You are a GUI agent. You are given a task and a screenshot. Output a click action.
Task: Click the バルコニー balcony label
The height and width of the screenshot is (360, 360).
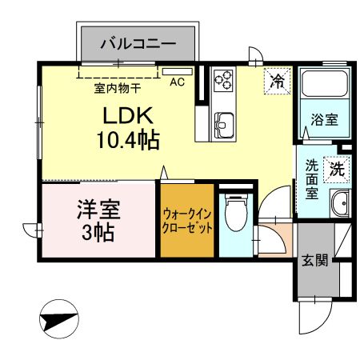click(x=138, y=42)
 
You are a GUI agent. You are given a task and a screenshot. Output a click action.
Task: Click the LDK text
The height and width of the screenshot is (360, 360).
click(x=121, y=114)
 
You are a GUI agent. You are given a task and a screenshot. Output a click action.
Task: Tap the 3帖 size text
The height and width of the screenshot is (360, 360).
click(x=98, y=234)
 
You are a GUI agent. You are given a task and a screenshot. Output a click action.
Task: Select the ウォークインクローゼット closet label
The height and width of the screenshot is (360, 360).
click(x=188, y=222)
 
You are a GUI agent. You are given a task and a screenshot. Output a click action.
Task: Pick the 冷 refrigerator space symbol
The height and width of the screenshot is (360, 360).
click(x=278, y=80)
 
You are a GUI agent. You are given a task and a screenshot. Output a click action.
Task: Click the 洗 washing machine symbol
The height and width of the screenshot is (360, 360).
click(x=337, y=168)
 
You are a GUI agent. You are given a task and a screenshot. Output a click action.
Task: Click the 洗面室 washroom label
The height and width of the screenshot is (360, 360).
click(x=312, y=181)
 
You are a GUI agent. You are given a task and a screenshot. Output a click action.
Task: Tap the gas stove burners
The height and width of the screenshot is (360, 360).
click(x=225, y=81)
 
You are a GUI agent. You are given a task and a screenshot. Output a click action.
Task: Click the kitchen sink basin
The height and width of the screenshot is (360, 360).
click(x=224, y=125)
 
